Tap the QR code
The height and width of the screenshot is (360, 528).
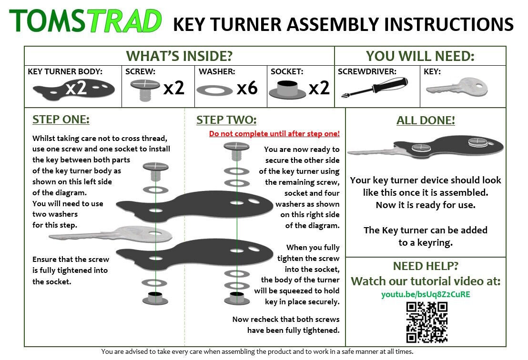point(426,322)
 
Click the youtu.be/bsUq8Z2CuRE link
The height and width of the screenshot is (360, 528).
point(426,294)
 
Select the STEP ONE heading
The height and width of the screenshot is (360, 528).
point(61,120)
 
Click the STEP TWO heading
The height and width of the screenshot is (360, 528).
point(226,120)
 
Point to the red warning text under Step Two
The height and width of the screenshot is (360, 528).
point(274,134)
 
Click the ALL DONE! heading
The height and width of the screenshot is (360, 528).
point(426,121)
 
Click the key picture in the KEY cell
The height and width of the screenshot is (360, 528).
point(457,88)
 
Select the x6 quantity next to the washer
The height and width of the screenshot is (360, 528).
point(247,88)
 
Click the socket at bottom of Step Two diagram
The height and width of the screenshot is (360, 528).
point(237,298)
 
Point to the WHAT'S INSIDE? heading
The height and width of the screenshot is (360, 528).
point(179,56)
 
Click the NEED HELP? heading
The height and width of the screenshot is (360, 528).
point(426,266)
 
